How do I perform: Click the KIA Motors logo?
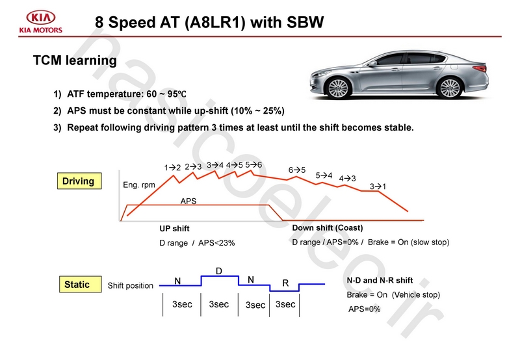click(40, 22)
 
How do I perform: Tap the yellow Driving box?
click(79, 181)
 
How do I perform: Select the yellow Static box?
click(80, 284)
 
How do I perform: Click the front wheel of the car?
click(339, 88)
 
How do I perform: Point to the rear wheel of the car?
click(450, 88)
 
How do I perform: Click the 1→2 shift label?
click(172, 168)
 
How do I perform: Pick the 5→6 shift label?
click(253, 165)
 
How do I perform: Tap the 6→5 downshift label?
click(297, 170)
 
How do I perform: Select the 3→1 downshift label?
click(378, 186)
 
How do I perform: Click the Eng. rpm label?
click(139, 185)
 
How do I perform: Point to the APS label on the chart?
click(188, 201)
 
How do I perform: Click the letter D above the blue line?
click(219, 271)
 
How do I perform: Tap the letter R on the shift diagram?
click(285, 283)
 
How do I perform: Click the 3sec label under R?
click(285, 304)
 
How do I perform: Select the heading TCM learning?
click(75, 60)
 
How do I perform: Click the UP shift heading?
click(174, 228)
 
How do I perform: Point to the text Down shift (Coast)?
click(328, 227)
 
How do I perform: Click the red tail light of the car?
click(480, 68)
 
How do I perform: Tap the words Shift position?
click(131, 285)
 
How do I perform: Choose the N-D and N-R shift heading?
click(380, 281)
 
